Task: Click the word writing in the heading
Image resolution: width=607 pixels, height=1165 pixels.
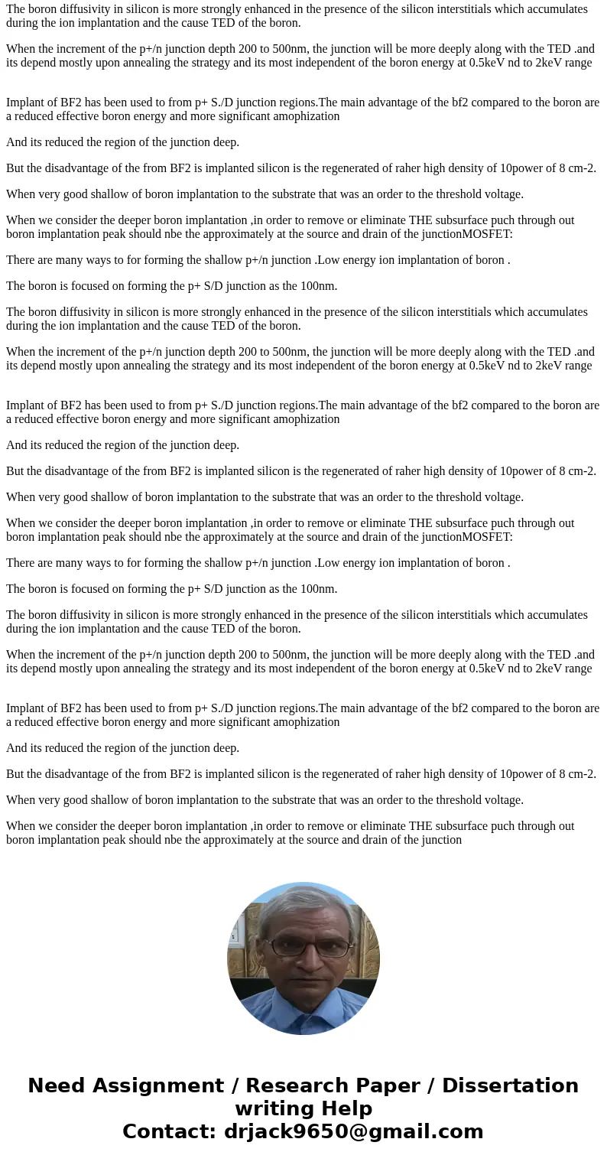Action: point(271,1108)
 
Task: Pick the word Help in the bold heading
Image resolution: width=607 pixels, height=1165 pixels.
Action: point(342,1108)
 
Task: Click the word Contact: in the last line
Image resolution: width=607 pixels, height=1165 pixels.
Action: point(169,1131)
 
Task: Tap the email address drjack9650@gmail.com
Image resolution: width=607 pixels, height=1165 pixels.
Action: point(352,1131)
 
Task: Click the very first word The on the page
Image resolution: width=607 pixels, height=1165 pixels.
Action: point(17,9)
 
